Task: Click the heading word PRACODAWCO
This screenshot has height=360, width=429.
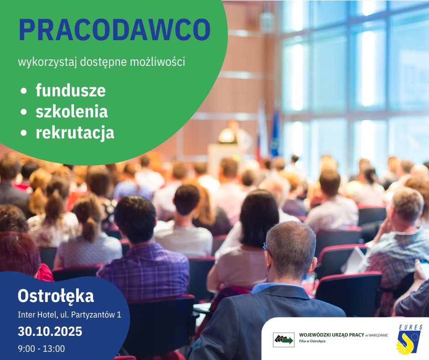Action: point(115,30)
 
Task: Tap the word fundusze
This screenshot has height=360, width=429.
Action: point(71,90)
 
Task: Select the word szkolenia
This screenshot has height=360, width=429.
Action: point(72,111)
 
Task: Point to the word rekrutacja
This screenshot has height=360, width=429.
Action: point(75,133)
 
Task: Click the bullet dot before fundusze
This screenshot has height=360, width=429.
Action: point(24,91)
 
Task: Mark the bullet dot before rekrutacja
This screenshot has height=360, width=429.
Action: point(24,133)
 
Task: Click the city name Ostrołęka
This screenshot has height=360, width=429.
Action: point(56,296)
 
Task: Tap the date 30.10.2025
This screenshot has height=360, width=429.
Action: point(50,332)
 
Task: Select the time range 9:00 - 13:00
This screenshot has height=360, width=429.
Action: point(42,349)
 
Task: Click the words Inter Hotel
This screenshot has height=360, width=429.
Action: point(37,315)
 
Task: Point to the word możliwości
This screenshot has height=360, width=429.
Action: point(157,62)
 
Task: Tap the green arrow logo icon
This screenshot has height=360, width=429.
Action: point(284,340)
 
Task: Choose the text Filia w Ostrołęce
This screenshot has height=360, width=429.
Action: point(312,341)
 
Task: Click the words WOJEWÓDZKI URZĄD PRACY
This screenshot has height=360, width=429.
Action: point(332,335)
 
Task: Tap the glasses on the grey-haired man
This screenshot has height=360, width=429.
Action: point(267,248)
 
